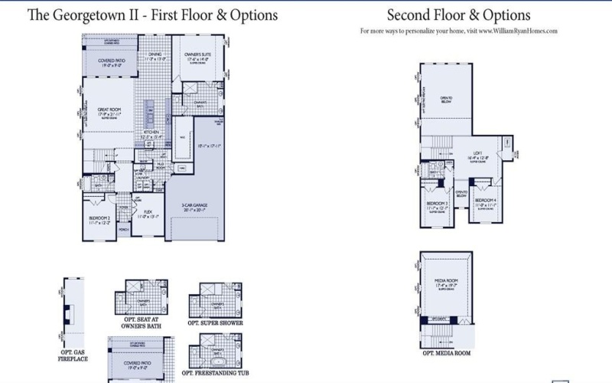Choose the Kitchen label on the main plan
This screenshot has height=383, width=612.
[x=149, y=135]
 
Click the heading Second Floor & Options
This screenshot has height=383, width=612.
[x=458, y=15]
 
